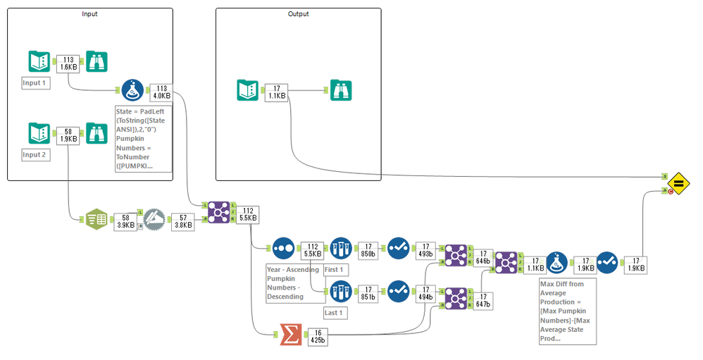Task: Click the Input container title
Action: pyautogui.click(x=89, y=14)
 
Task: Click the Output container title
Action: pyautogui.click(x=298, y=14)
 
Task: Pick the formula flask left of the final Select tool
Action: pyautogui.click(x=556, y=263)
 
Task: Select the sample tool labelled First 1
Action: pyautogui.click(x=340, y=249)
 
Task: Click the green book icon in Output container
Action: pyautogui.click(x=248, y=90)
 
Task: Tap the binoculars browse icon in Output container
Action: pyautogui.click(x=342, y=90)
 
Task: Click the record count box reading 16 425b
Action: pyautogui.click(x=318, y=337)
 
